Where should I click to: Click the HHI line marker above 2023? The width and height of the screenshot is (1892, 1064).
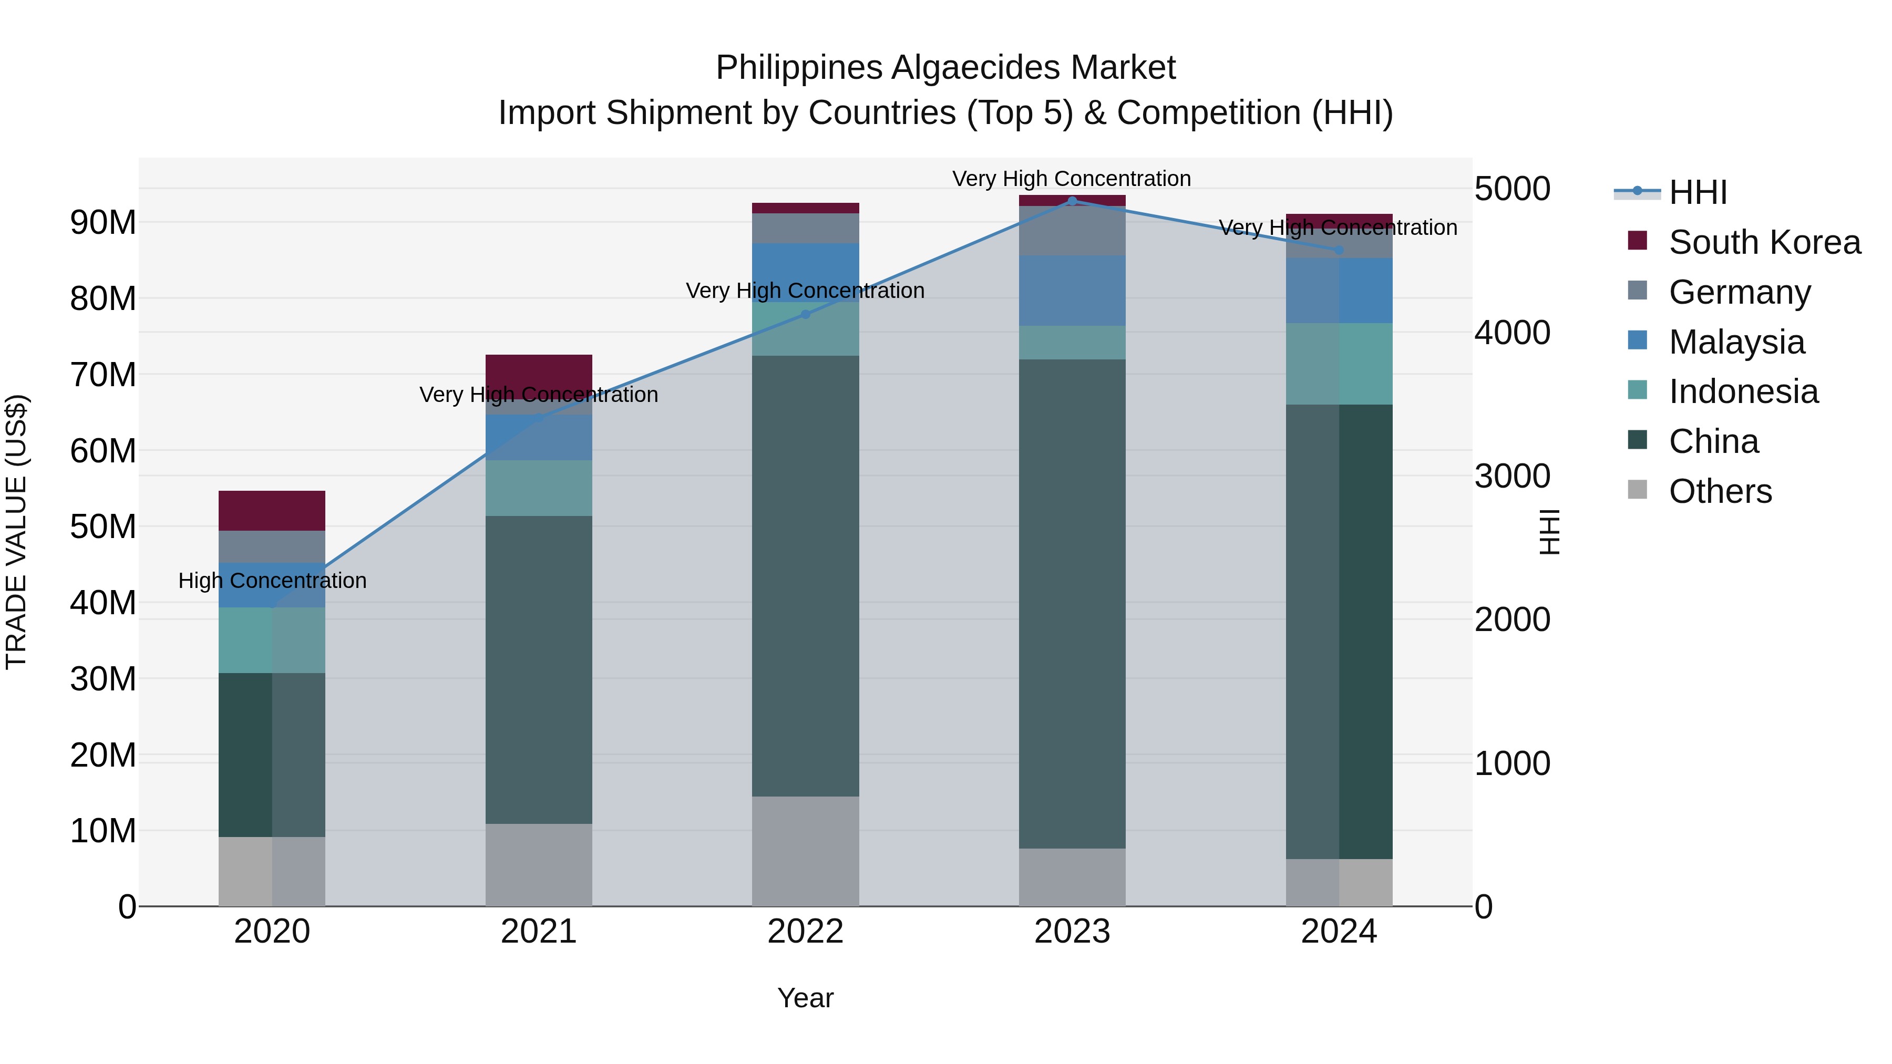point(1072,201)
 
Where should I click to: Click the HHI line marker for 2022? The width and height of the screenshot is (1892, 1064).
point(805,314)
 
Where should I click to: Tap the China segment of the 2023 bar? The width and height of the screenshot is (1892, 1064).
point(1072,602)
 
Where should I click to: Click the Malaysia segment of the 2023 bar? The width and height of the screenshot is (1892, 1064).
point(1072,291)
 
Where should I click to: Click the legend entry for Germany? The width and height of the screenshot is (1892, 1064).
point(1739,292)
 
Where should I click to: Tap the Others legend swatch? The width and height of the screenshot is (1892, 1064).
point(1637,490)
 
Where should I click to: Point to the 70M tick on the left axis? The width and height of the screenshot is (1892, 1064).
point(103,375)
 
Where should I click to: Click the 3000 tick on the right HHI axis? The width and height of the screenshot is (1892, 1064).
point(1512,477)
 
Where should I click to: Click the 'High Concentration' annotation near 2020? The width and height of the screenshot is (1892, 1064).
point(272,581)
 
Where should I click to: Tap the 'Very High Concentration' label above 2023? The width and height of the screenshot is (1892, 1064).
point(1072,179)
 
